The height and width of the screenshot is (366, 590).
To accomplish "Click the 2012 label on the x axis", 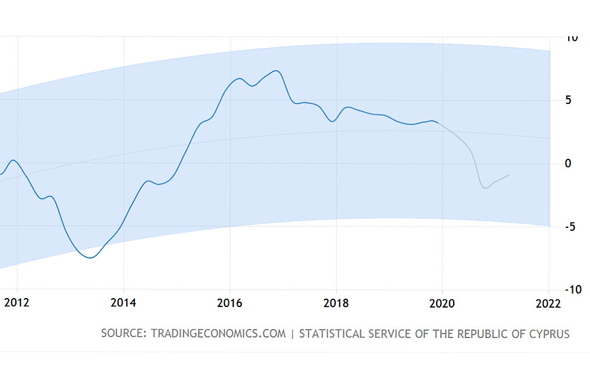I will (17, 303).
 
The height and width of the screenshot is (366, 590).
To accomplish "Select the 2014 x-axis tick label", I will (123, 303).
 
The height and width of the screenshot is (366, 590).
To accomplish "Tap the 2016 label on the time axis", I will (230, 303).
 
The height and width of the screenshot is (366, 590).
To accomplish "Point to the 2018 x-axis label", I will (336, 303).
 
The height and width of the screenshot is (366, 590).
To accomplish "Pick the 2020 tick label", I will (442, 303).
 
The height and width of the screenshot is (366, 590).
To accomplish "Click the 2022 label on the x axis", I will (548, 303).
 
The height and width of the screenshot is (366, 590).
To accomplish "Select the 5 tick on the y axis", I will (568, 100).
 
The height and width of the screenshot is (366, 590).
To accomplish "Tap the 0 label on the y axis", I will (568, 164).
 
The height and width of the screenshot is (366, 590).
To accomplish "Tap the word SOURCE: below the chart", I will (123, 334).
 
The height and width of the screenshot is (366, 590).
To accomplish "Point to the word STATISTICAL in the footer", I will (332, 334).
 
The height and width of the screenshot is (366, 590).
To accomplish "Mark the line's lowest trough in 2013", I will (90, 257).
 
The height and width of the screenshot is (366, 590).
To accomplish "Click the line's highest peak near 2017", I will (276, 71).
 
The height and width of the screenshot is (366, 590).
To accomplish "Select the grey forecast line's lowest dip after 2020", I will (485, 188).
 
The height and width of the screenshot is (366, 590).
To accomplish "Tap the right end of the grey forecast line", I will (509, 175).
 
